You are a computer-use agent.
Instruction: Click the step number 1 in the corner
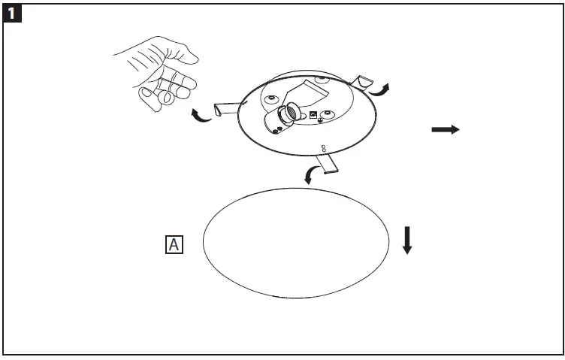pos(14,13)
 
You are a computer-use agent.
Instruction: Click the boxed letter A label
pos(174,244)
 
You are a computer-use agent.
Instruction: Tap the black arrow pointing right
pos(445,130)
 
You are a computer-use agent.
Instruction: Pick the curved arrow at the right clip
pos(383,89)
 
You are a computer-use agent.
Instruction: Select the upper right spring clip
pos(364,80)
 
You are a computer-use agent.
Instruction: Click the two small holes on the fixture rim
pos(324,148)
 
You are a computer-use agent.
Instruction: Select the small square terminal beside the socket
pos(312,114)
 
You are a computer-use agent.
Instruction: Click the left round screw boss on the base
pos(270,100)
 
